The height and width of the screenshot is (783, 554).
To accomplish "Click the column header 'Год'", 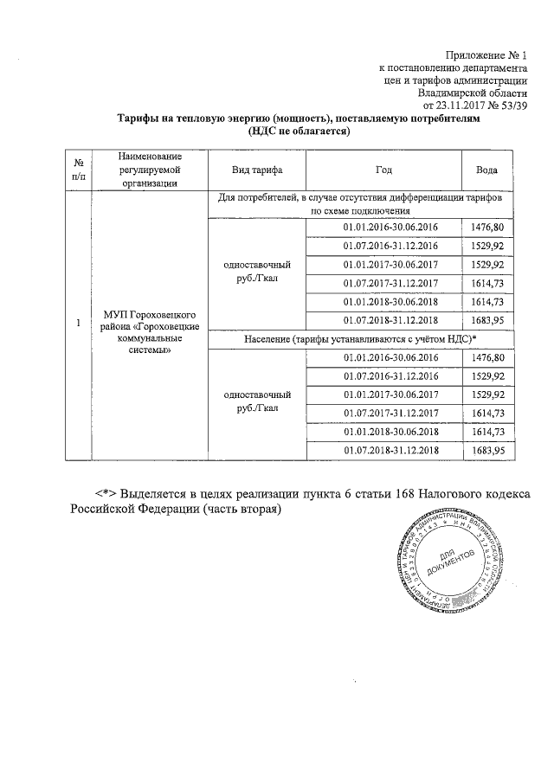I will [x=384, y=169].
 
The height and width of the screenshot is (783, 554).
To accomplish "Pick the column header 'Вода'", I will [x=487, y=169].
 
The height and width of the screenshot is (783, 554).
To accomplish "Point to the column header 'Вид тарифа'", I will [x=257, y=169].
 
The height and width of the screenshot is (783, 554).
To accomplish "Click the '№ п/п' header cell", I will [x=78, y=169].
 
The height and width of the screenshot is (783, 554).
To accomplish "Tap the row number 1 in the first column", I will [x=78, y=324].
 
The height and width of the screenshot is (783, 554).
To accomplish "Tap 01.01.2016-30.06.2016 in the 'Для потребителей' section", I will [x=390, y=227].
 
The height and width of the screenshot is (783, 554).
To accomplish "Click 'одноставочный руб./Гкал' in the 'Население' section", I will [x=256, y=402].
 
